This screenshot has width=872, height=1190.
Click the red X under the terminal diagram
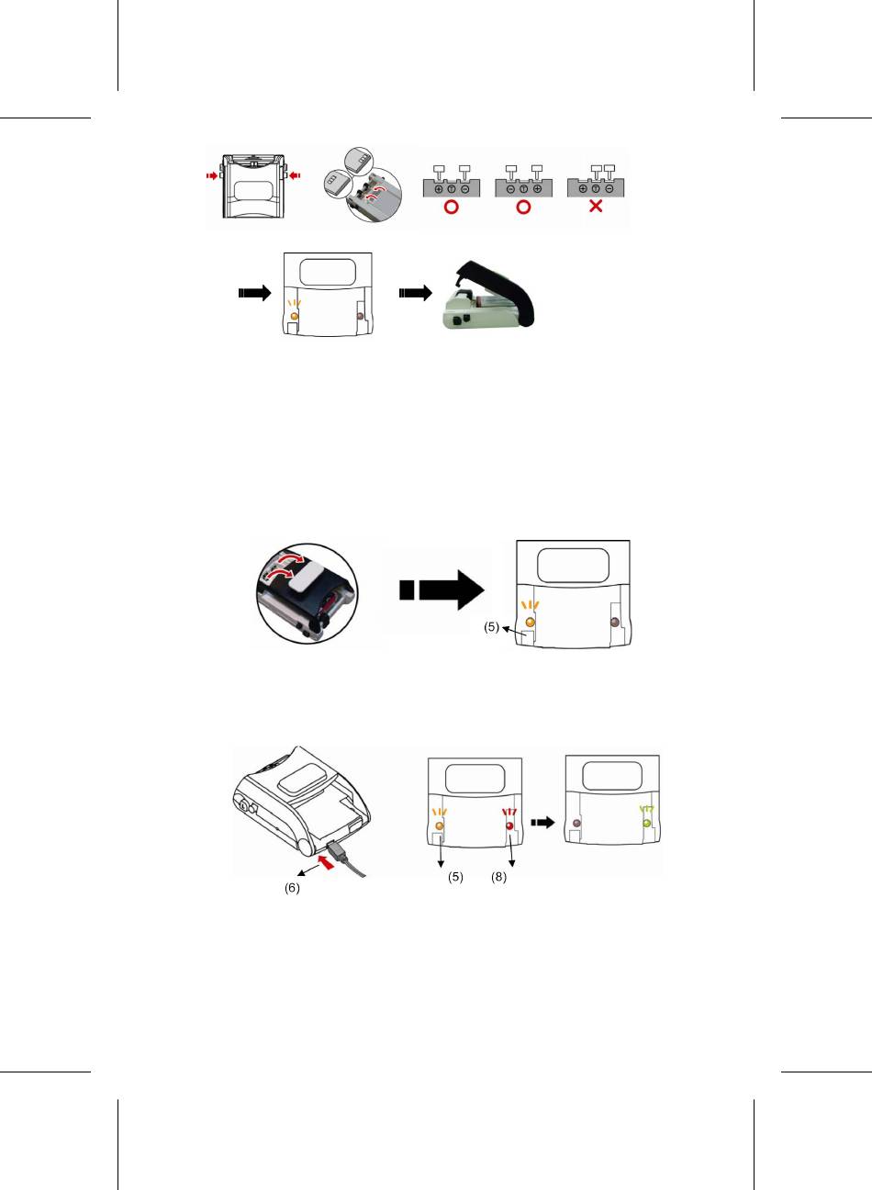(596, 207)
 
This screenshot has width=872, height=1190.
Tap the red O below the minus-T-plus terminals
(523, 207)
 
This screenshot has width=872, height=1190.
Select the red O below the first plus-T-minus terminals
(451, 207)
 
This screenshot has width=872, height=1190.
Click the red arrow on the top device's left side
(211, 174)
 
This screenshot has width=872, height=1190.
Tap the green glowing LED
(647, 824)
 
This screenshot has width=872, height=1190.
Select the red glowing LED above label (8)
(509, 825)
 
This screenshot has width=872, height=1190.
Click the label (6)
(292, 888)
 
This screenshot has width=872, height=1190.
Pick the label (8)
(499, 877)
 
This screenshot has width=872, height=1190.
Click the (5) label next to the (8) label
(455, 877)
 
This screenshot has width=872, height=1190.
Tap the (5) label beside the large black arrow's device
(492, 628)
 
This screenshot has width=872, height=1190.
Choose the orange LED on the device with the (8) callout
(439, 825)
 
